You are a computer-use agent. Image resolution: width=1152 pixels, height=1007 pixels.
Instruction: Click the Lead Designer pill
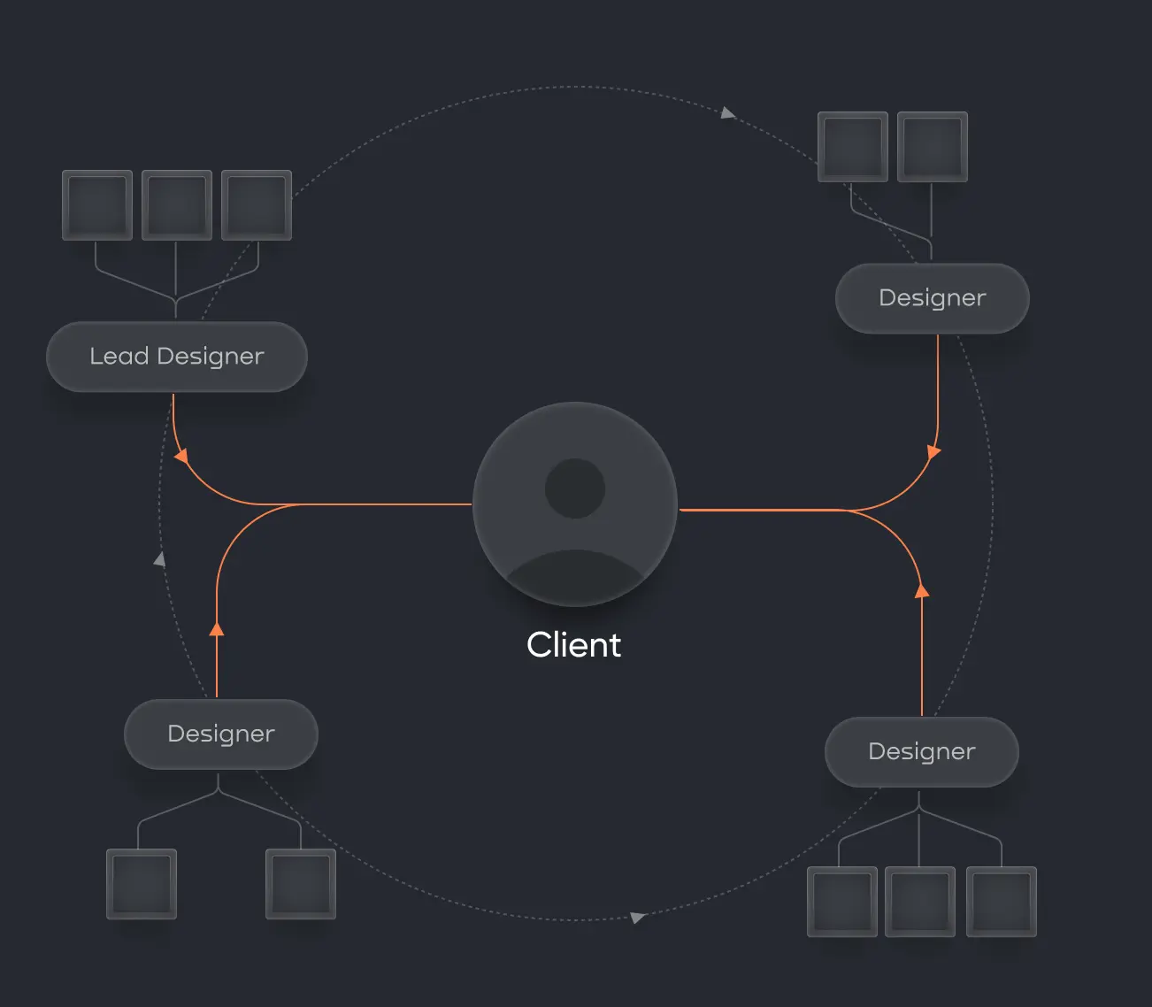tap(176, 357)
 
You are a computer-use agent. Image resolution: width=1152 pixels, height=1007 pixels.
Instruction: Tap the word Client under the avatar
tap(573, 645)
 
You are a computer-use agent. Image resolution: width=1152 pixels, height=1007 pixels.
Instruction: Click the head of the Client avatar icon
tap(575, 488)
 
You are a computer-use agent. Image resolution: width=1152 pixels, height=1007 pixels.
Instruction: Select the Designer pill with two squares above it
tap(932, 298)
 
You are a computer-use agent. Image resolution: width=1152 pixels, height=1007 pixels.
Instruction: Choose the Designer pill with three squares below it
tap(921, 751)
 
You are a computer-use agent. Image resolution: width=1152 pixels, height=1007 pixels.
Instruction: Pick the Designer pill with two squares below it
tap(220, 734)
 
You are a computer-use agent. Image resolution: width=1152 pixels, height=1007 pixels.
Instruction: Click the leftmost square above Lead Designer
tap(97, 204)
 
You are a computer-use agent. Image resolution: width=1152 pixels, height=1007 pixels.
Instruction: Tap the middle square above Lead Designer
tap(177, 204)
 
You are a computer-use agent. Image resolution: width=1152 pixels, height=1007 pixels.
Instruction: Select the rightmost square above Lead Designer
tap(257, 204)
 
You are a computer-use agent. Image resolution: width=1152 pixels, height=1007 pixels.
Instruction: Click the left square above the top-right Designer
tap(853, 147)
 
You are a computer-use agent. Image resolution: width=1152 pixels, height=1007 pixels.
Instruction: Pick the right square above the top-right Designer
tap(933, 147)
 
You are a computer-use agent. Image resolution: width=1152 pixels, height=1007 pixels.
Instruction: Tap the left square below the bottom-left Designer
tap(142, 884)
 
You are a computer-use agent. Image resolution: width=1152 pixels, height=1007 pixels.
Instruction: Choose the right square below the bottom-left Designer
tap(301, 884)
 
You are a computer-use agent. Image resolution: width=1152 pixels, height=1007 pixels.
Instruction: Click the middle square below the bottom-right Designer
tap(921, 902)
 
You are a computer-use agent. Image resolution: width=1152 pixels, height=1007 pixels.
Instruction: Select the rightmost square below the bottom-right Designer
tap(1001, 902)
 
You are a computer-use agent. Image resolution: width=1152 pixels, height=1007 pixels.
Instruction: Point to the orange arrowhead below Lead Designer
tap(181, 457)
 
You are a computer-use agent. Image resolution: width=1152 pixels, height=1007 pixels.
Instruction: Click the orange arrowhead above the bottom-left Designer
tap(217, 628)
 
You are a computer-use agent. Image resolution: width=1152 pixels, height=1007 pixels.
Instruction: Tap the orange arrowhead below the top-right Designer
tap(933, 451)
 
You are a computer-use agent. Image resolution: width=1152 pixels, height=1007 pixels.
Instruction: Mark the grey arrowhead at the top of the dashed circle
tap(727, 112)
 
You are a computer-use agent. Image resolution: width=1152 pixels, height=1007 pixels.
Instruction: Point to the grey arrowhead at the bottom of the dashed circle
tap(637, 918)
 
